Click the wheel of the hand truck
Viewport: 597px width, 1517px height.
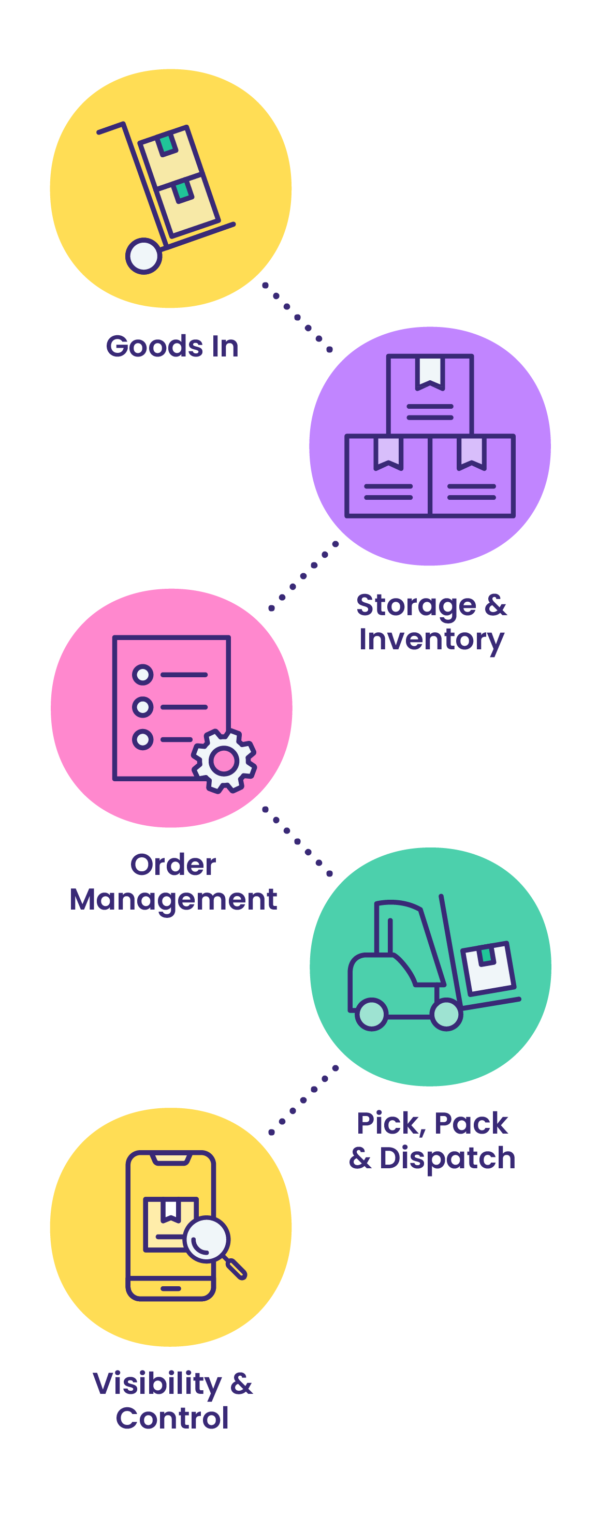(143, 256)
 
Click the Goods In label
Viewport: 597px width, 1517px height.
(172, 346)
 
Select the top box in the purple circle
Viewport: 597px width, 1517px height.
(430, 395)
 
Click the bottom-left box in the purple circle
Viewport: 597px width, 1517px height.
(387, 477)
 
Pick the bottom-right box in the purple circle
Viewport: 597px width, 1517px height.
(473, 477)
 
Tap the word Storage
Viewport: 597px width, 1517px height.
(416, 605)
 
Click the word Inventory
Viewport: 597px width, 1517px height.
(431, 639)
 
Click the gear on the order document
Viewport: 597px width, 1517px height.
(224, 761)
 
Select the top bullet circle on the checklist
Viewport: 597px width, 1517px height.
(142, 675)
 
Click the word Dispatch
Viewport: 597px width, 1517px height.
(447, 1158)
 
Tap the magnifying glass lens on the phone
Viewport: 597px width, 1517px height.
(207, 1239)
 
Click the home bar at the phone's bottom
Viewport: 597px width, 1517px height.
(170, 1288)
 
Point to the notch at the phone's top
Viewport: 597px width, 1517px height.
(171, 1159)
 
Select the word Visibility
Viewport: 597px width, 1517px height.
(157, 1384)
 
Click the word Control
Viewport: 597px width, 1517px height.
(172, 1418)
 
